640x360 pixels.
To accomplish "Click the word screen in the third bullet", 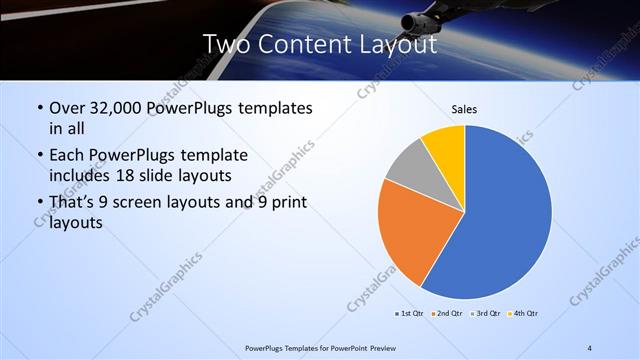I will point(142,204).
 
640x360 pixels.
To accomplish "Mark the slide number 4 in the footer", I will point(589,347).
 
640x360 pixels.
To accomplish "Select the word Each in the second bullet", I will point(67,157).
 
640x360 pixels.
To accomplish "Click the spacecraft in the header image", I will point(420,20).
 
